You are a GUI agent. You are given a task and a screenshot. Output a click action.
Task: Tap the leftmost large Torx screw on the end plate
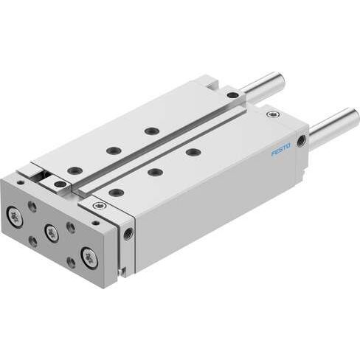click(15, 216)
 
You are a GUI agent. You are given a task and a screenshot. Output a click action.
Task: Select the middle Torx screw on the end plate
click(52, 233)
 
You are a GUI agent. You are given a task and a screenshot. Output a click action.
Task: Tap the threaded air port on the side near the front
click(128, 235)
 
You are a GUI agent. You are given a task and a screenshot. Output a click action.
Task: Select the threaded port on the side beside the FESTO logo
click(301, 138)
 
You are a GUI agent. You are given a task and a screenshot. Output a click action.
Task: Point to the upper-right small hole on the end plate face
click(69, 228)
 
